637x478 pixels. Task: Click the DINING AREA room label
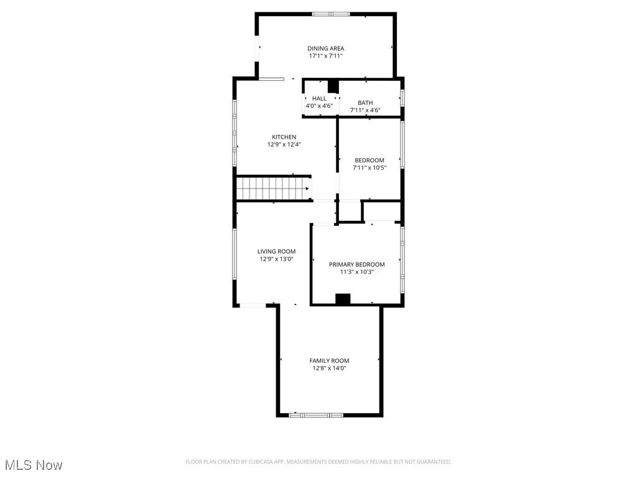(x=325, y=49)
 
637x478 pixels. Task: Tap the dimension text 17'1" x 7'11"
(x=325, y=56)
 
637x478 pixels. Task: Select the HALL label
(x=319, y=98)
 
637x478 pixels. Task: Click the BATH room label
(x=365, y=103)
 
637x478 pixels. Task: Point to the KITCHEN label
(x=284, y=137)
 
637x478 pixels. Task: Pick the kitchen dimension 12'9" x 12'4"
(x=284, y=144)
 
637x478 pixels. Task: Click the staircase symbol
(x=273, y=188)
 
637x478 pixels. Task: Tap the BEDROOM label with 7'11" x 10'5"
(x=369, y=160)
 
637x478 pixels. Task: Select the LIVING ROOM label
(x=276, y=251)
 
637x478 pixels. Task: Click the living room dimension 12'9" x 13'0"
(x=276, y=259)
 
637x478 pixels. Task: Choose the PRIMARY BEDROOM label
(x=356, y=265)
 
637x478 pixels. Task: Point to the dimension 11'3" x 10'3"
(x=356, y=272)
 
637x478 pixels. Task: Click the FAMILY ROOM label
(x=329, y=360)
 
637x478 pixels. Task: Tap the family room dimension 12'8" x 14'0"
(x=329, y=368)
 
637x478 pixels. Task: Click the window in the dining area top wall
(x=331, y=14)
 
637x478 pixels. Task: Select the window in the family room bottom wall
(x=316, y=415)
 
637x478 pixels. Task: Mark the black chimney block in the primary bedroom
(x=343, y=299)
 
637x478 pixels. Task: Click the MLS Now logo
(x=34, y=465)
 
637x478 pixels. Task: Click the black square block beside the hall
(x=333, y=87)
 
